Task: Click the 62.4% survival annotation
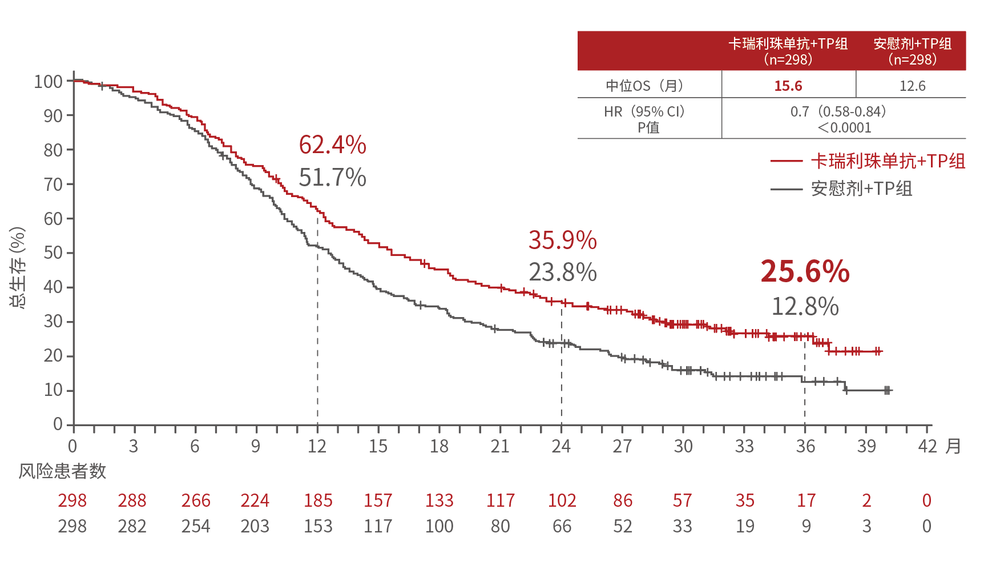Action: point(332,145)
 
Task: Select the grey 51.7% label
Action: point(332,178)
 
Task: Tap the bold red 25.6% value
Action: point(805,271)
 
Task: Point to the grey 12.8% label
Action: point(805,307)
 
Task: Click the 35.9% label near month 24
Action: point(562,241)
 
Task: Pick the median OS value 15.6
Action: point(788,86)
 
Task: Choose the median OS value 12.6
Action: point(912,86)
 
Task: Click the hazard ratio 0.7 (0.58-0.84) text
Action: point(838,111)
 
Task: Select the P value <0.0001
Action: point(844,127)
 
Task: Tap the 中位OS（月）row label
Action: point(645,86)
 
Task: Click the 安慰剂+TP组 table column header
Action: point(912,51)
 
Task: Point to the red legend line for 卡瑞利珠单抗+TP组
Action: point(786,162)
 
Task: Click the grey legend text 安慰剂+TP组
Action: point(861,189)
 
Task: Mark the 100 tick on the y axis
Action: point(48,82)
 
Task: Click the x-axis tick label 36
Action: point(805,446)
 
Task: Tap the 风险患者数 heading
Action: point(62,471)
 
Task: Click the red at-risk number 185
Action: point(318,501)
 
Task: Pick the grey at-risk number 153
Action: point(318,526)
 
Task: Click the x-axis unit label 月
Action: point(953,446)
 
